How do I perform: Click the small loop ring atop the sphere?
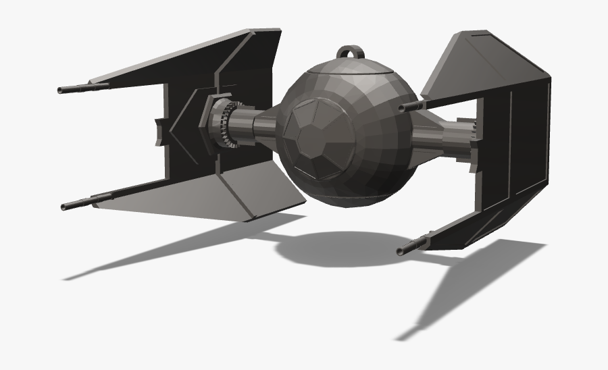pos(351,53)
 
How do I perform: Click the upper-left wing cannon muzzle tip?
pos(61,90)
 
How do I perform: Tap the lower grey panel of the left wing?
pos(257,192)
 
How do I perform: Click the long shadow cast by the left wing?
pos(169,250)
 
